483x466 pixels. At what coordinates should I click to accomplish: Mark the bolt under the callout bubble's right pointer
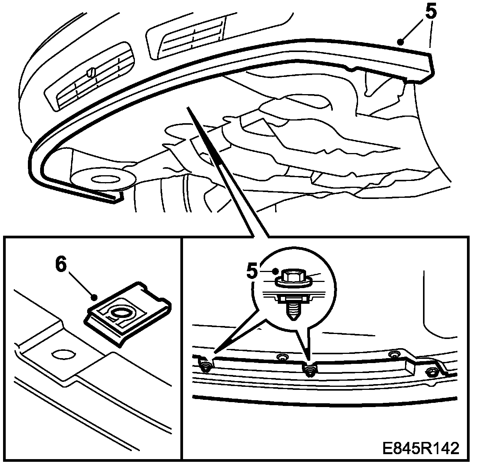(x=310, y=369)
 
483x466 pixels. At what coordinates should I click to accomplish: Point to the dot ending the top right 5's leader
(x=400, y=42)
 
